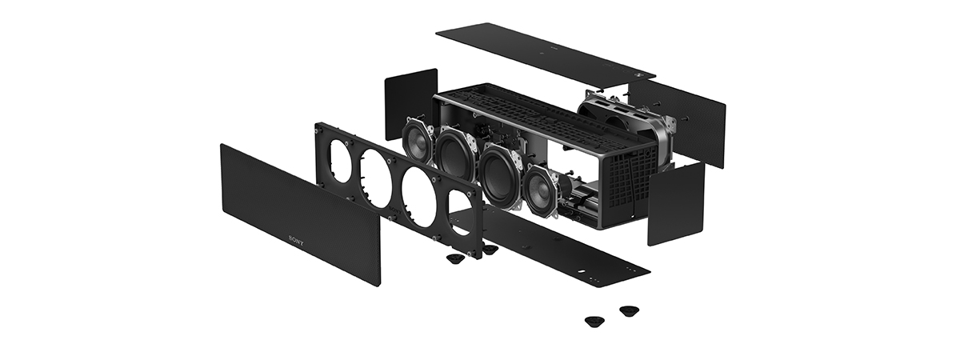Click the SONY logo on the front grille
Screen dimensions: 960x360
tap(296, 241)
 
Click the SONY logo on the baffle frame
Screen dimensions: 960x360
tap(395, 210)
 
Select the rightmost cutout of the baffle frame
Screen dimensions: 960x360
tap(461, 213)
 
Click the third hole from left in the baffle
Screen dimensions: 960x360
tap(418, 199)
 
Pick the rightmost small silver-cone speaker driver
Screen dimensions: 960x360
tap(542, 185)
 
